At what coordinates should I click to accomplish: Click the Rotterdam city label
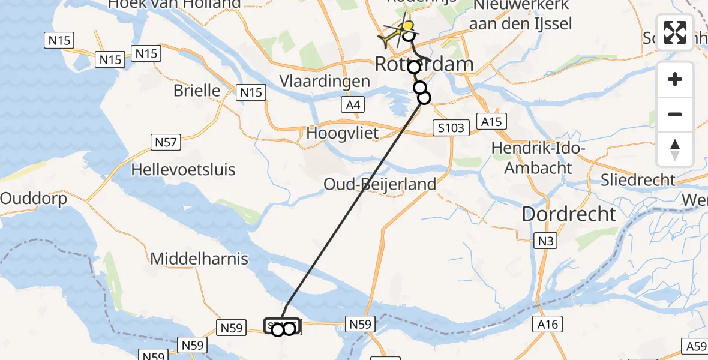click(424, 64)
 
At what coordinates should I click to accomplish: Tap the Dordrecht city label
click(569, 214)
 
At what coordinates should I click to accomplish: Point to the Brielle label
click(197, 91)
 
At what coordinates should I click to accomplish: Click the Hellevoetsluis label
click(184, 169)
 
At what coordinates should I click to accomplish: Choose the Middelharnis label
click(199, 259)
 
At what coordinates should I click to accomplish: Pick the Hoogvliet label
click(343, 133)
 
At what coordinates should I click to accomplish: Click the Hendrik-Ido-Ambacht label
click(538, 158)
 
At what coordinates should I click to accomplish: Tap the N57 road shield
click(166, 142)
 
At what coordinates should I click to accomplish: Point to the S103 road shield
click(449, 127)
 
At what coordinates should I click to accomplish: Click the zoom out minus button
click(675, 114)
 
